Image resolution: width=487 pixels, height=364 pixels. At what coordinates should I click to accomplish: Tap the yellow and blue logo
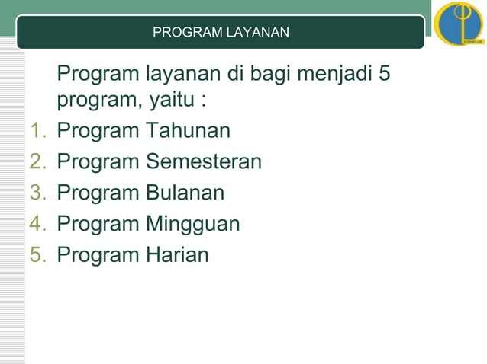pos(458,24)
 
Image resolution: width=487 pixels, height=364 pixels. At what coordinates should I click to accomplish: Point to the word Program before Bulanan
pos(98,193)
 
